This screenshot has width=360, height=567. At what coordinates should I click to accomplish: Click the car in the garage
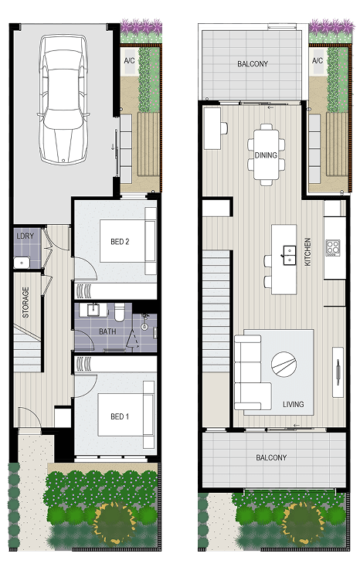click(63, 100)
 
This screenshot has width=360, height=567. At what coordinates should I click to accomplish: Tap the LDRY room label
click(25, 236)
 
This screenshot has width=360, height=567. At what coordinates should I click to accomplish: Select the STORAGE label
click(25, 302)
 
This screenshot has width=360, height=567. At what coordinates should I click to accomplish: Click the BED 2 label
click(120, 241)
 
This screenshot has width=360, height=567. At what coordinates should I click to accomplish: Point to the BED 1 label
click(120, 416)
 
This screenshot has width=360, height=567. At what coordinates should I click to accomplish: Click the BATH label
click(107, 331)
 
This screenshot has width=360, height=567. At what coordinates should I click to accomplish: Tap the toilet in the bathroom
click(120, 312)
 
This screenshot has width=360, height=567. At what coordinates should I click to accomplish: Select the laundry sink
click(22, 263)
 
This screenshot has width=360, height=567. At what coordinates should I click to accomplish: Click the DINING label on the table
click(266, 155)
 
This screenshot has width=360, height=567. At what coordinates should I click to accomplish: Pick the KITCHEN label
click(307, 252)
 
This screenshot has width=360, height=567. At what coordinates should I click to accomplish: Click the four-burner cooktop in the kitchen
click(332, 248)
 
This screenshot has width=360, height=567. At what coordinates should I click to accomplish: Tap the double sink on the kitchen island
click(290, 255)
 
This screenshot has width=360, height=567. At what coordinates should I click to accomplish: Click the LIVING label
click(293, 404)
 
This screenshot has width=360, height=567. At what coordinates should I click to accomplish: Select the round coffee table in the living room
click(284, 364)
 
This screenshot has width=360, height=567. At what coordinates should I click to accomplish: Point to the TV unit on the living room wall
click(338, 372)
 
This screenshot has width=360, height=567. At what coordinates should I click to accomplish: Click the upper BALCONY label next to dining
click(253, 63)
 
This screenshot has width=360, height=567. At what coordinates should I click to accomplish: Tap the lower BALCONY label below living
click(271, 457)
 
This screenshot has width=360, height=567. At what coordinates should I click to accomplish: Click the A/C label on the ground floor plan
click(129, 60)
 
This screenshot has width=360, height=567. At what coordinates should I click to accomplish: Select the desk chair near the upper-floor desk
click(224, 128)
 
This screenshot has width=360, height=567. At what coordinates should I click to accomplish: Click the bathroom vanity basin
click(94, 310)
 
